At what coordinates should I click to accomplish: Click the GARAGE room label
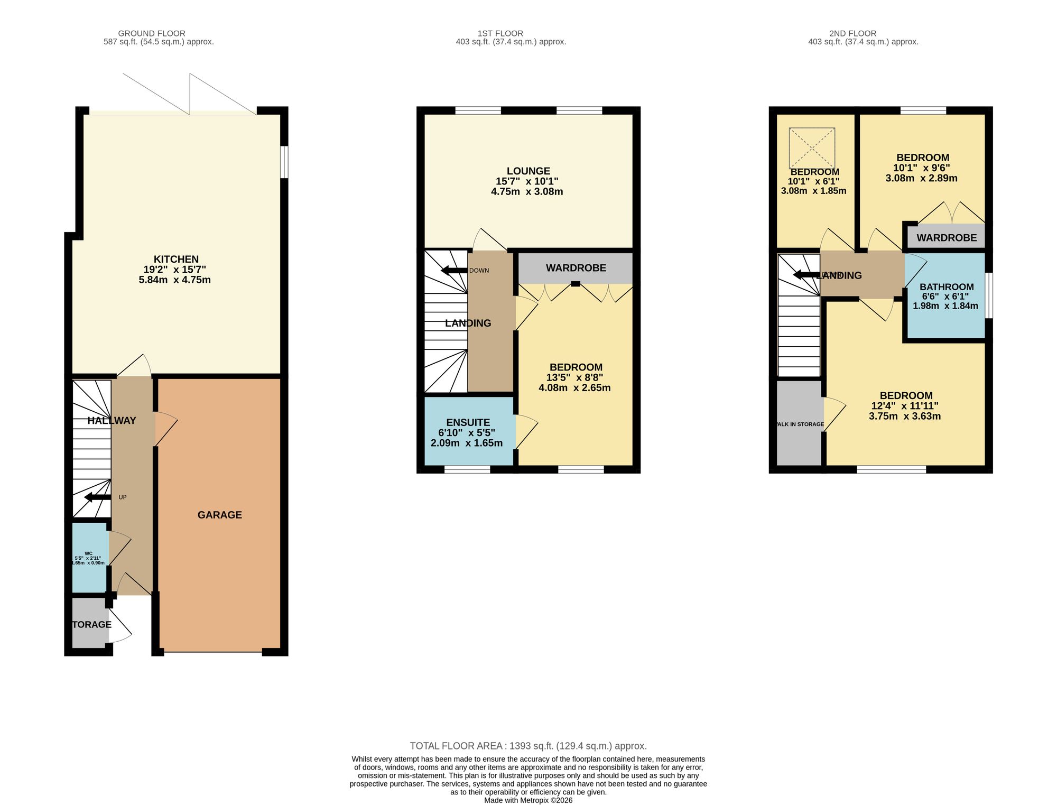[x=219, y=515]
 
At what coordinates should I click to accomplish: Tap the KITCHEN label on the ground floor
[x=176, y=259]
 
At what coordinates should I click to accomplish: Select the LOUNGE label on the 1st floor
[x=528, y=171]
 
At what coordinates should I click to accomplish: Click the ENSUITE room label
[x=468, y=422]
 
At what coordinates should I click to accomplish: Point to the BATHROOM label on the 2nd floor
[x=946, y=287]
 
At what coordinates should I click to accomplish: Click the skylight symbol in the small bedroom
[x=812, y=148]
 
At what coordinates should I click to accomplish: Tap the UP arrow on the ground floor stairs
[x=97, y=497]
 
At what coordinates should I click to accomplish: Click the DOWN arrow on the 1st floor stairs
[x=454, y=271]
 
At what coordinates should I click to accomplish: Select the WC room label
[x=88, y=553]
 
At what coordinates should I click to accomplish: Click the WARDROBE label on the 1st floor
[x=576, y=268]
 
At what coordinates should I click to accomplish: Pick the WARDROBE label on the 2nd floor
[x=946, y=238]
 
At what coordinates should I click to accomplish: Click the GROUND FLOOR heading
[x=152, y=33]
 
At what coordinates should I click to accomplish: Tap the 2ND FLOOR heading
[x=852, y=33]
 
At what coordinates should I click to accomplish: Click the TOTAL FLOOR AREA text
[x=528, y=746]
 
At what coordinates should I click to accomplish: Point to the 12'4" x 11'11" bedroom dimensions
[x=905, y=406]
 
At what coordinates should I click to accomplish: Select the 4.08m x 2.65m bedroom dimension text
[x=574, y=387]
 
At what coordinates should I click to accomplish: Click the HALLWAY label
[x=112, y=421]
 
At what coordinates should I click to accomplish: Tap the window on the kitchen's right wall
[x=284, y=162]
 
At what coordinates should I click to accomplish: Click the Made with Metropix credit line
[x=528, y=800]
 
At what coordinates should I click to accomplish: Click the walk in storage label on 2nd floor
[x=800, y=424]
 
